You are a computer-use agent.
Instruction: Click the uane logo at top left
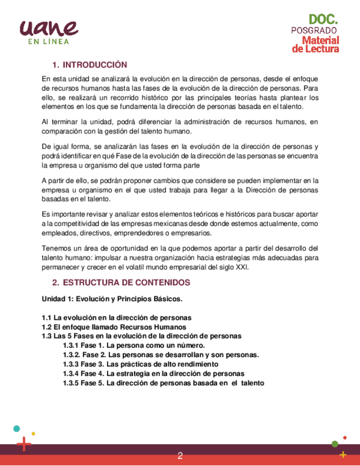[48, 27]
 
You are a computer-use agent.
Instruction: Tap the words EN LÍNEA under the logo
[49, 41]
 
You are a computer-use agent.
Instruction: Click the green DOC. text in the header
[323, 20]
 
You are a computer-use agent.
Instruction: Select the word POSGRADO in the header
[314, 30]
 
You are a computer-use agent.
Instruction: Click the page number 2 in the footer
[180, 456]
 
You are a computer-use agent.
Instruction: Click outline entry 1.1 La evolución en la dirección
[117, 318]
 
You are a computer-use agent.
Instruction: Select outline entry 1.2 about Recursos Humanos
[110, 326]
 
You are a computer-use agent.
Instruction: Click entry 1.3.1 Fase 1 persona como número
[134, 345]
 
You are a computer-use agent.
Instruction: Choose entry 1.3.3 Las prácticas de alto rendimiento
[140, 364]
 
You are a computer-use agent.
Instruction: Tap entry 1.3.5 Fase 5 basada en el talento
[163, 382]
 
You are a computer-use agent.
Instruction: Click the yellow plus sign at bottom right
[343, 454]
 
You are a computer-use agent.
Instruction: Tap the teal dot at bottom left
[17, 428]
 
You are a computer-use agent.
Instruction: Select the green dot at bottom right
[335, 443]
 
